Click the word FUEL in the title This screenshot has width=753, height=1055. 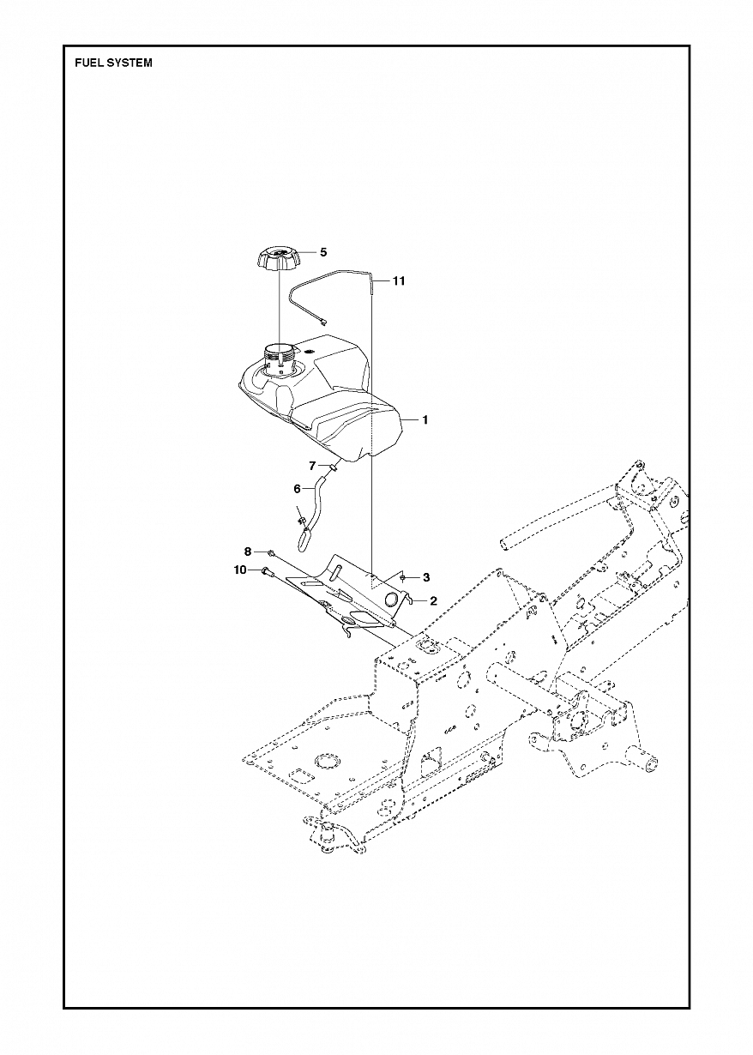(89, 63)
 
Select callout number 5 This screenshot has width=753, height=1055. (323, 252)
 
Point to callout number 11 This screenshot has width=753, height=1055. (399, 280)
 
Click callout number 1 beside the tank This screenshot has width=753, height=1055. (425, 420)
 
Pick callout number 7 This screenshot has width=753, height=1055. (313, 466)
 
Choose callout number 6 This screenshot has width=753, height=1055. (298, 488)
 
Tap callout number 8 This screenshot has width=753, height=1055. (248, 551)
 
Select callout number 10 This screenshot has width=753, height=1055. (240, 570)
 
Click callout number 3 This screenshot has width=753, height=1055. (426, 577)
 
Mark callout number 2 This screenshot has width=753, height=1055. (433, 601)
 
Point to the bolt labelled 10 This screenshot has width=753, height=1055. (267, 570)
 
